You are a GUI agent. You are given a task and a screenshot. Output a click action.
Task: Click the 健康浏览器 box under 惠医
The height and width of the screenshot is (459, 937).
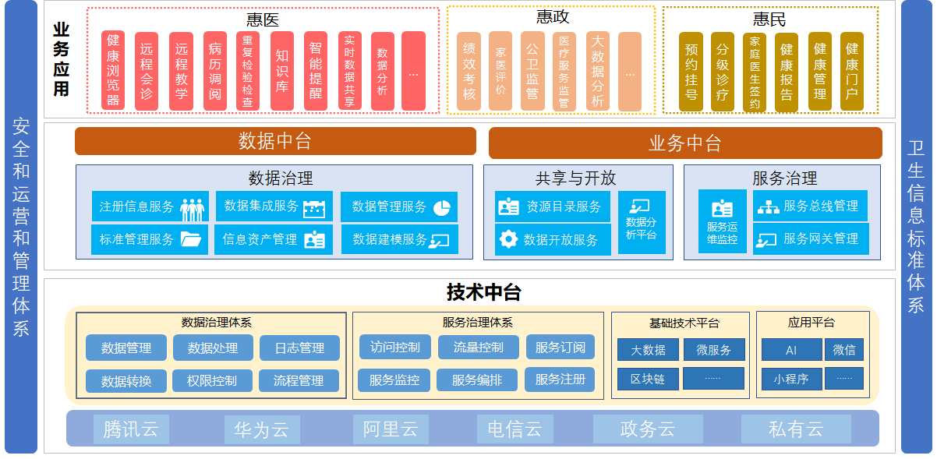[x=113, y=71]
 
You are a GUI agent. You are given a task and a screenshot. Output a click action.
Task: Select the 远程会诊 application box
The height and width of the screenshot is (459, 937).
[x=147, y=71]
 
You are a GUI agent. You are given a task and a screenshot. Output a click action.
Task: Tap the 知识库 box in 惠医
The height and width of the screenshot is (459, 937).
[x=281, y=71]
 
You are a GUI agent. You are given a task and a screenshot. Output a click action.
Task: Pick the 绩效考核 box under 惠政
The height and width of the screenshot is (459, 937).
[x=468, y=71]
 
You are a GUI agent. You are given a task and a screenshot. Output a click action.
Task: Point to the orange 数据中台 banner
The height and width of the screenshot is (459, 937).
[x=275, y=141]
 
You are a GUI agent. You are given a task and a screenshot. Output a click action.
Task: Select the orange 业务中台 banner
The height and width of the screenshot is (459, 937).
[x=684, y=143]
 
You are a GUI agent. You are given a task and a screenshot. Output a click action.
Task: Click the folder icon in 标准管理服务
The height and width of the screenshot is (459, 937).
[x=191, y=239]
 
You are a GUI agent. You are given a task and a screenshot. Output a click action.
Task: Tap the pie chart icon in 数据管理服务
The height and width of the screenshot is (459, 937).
[x=442, y=207]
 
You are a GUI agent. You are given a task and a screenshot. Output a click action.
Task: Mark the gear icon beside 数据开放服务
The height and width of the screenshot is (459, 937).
[x=508, y=239]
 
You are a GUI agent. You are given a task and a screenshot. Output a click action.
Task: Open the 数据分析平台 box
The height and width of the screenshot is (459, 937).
[x=642, y=223]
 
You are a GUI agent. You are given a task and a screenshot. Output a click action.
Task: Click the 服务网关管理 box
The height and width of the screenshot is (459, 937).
[x=810, y=238]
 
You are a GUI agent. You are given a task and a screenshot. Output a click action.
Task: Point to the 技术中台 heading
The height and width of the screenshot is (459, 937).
[x=483, y=292]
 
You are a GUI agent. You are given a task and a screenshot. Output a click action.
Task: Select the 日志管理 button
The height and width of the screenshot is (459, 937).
[x=299, y=348]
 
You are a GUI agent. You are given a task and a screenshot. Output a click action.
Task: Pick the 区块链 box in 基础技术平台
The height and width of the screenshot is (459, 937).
[x=647, y=379]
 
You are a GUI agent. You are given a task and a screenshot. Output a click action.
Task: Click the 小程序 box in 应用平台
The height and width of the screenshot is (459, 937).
[x=791, y=379]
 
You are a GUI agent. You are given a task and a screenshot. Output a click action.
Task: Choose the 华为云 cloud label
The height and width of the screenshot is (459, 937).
[x=262, y=429]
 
